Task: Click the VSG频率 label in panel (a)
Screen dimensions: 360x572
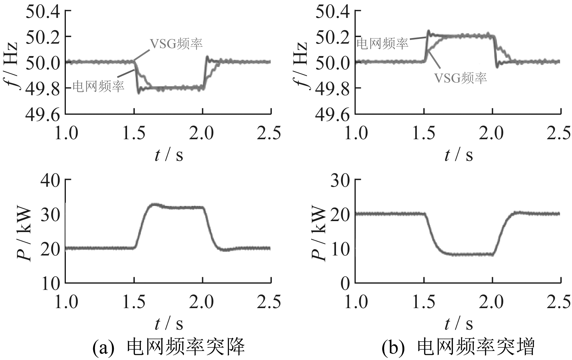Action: point(176,44)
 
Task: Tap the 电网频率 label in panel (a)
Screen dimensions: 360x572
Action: point(98,86)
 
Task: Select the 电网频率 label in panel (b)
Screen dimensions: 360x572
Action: point(382,43)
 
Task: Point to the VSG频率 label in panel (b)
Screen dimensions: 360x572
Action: point(460,78)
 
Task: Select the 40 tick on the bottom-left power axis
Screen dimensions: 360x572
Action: point(51,180)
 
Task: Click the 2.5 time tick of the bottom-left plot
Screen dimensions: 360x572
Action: point(269,302)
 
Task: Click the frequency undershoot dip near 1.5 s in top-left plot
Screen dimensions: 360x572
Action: point(139,93)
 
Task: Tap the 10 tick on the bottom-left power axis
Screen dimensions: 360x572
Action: point(51,283)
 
